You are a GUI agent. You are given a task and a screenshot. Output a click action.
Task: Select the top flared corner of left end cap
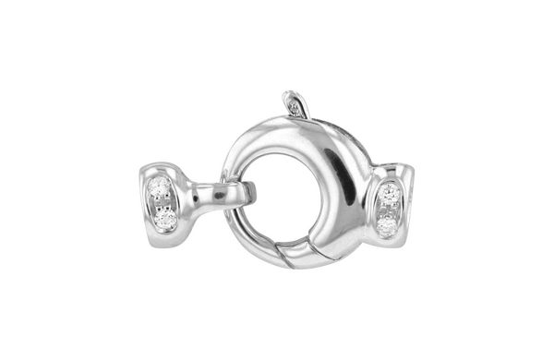(149, 170)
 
